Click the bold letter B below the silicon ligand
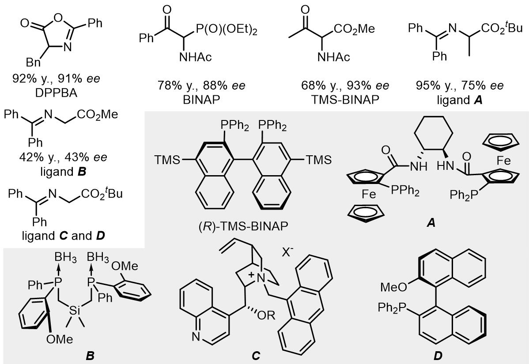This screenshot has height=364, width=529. (90, 355)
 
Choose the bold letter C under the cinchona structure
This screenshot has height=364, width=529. (256, 355)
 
